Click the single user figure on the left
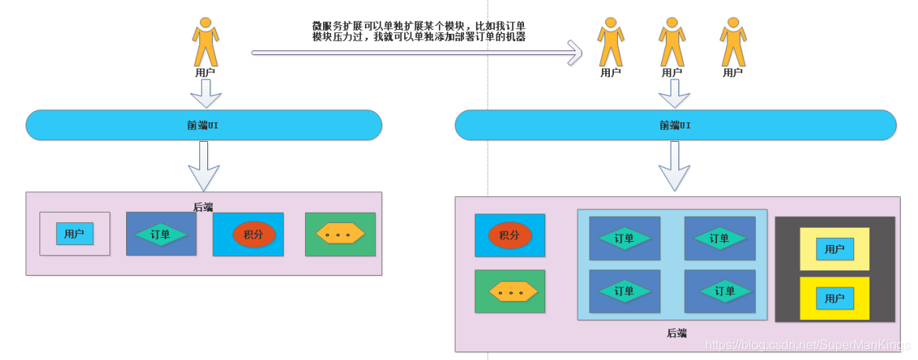205,43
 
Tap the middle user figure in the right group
671,43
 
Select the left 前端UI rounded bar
203,125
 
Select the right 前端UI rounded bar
675,125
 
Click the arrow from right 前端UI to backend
674,167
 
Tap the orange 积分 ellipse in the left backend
254,234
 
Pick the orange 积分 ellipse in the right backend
510,235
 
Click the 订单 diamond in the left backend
161,234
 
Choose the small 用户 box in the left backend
74,233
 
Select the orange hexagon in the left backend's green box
340,234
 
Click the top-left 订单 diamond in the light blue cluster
624,238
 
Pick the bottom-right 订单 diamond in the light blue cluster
719,291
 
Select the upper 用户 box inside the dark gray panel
834,249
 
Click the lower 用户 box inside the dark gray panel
834,299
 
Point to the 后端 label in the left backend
203,206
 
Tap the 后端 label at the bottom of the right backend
677,333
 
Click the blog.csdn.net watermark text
808,345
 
